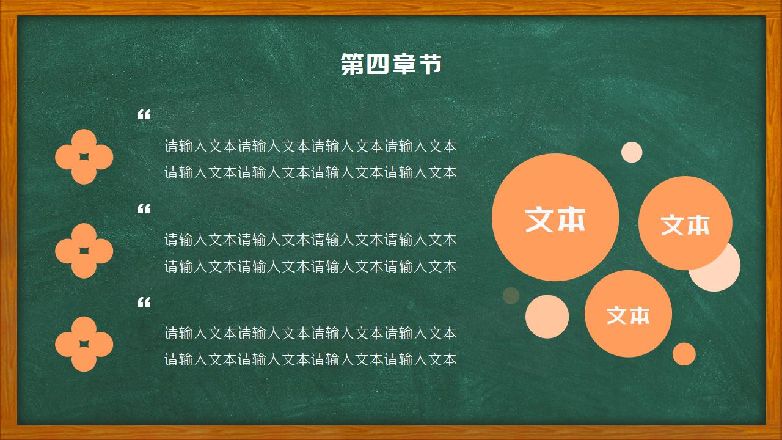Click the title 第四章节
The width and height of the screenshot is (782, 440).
tap(391, 64)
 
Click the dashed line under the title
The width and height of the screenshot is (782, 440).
tap(391, 86)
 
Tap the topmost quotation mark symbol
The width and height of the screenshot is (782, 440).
tap(144, 115)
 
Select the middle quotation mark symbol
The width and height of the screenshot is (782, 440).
tap(144, 209)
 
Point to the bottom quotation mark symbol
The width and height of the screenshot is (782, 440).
tap(144, 302)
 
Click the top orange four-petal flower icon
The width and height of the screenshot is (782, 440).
tap(84, 157)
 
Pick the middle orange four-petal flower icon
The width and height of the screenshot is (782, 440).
tap(84, 251)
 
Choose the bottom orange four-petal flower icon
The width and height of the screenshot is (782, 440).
tap(84, 344)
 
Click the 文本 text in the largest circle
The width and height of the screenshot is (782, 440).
tap(555, 219)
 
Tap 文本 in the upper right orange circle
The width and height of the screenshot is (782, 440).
tap(685, 224)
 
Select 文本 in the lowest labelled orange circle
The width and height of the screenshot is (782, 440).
tap(628, 315)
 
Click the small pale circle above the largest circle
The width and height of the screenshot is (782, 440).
tap(632, 152)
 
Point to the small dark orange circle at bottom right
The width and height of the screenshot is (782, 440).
tap(684, 354)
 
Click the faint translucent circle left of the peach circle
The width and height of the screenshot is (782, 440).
tap(511, 296)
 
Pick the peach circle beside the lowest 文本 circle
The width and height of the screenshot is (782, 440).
tap(547, 317)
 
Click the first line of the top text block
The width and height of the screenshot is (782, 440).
tap(310, 147)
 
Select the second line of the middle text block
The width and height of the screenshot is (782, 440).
tap(310, 266)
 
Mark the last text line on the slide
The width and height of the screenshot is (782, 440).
tap(310, 359)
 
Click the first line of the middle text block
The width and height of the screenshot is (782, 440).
tap(310, 240)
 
